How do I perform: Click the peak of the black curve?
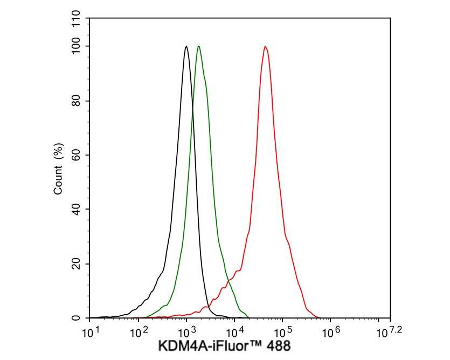tap(186, 46)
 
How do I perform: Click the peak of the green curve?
tap(199, 46)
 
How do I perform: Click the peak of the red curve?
tap(265, 46)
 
